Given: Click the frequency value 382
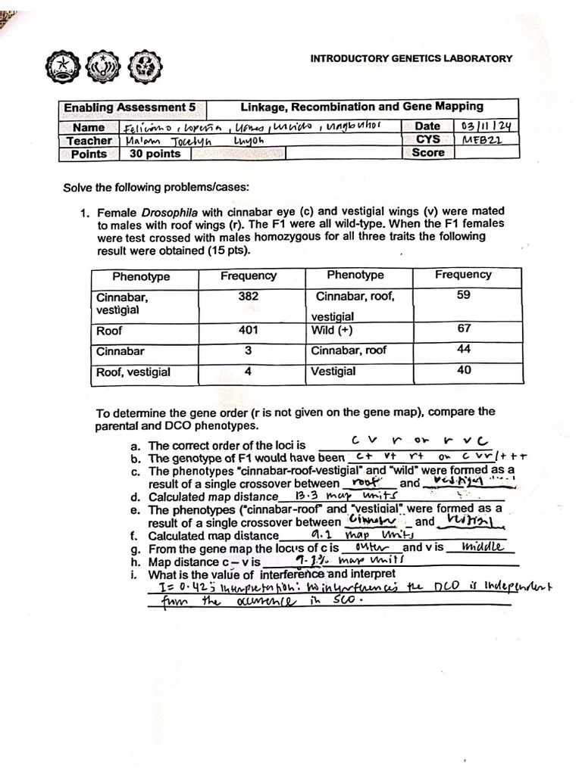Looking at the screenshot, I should (x=248, y=297).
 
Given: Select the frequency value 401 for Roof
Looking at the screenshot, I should (x=248, y=330).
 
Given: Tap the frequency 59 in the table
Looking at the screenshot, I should (x=464, y=295).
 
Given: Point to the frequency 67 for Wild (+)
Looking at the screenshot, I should (x=464, y=328).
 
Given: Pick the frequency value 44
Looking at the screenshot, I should (x=464, y=349).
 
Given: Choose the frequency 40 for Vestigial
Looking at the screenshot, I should (x=464, y=370).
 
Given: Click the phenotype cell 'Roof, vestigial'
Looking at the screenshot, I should (x=133, y=372).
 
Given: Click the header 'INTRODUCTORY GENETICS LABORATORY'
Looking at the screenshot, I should (x=411, y=58).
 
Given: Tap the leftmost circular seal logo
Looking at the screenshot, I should (x=62, y=68).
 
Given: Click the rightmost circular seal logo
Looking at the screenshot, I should (x=141, y=68).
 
